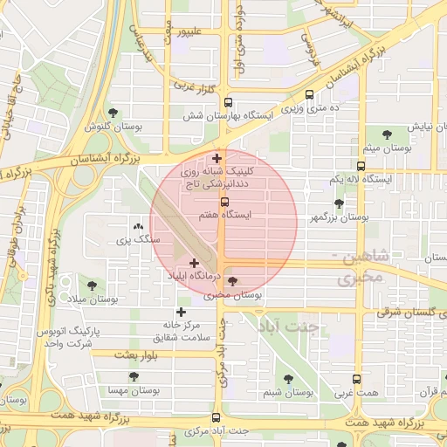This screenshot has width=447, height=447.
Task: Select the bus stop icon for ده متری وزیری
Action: click(x=310, y=99)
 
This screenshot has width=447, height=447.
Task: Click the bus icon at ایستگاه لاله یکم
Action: click(x=361, y=165)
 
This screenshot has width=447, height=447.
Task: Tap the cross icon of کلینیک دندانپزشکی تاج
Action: click(x=217, y=158)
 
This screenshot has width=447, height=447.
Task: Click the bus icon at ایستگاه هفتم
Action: click(x=223, y=202)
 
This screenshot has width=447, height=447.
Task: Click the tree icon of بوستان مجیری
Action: click(x=231, y=280)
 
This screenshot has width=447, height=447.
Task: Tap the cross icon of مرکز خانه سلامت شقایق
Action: click(x=181, y=312)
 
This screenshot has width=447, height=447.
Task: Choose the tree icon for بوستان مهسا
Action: click(x=133, y=376)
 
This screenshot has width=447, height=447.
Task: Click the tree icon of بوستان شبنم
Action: click(x=288, y=379)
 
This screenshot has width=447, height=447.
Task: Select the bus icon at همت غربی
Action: click(x=355, y=380)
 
